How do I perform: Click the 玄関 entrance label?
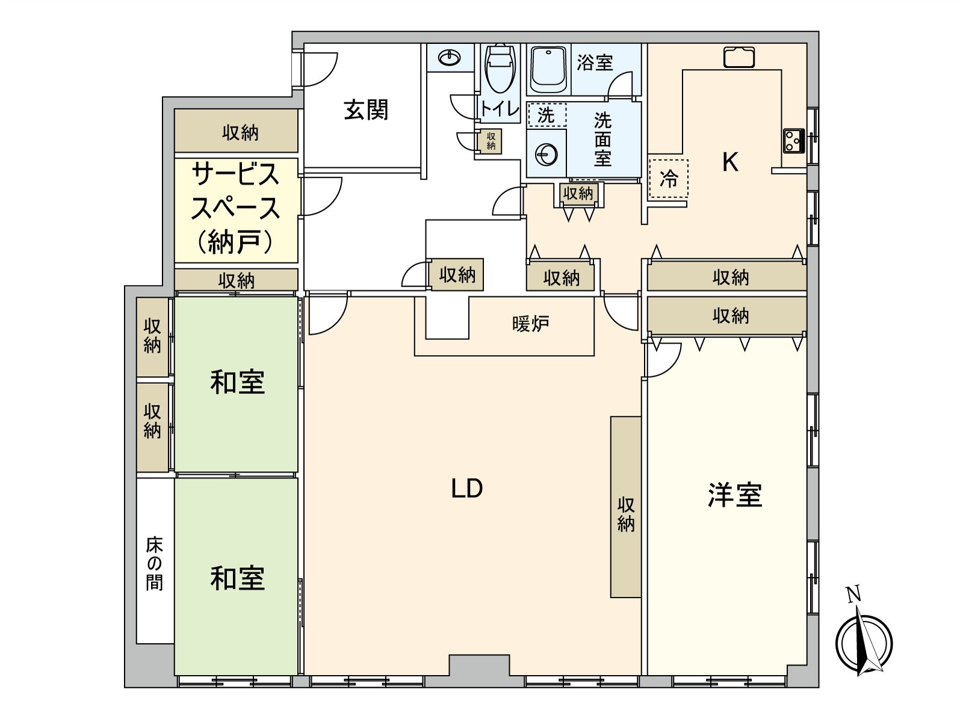366,110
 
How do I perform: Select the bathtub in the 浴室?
547,69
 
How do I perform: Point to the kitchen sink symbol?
739,57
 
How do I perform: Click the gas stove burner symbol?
793,141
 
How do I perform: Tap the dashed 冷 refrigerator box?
668,179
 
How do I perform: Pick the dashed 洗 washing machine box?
547,114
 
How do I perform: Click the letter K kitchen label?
729,162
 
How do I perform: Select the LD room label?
466,489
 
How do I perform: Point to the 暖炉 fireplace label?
530,324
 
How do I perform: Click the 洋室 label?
734,495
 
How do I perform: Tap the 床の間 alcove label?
154,563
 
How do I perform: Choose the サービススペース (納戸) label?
235,208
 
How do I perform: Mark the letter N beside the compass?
853,594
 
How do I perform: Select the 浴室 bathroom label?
595,62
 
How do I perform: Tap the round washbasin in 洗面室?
546,155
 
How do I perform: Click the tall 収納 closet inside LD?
625,507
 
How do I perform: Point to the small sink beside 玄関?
450,58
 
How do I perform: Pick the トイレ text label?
499,110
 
